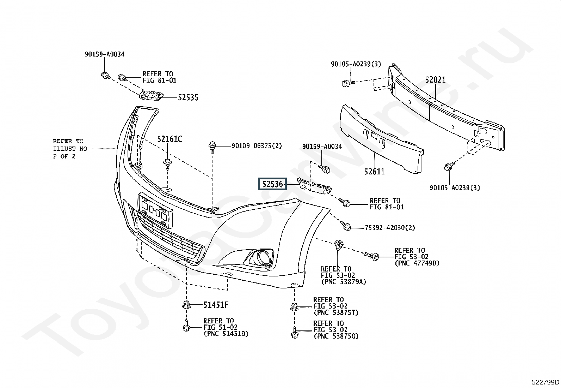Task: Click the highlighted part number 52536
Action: click(272, 184)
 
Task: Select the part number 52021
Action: click(435, 80)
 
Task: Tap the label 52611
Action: click(374, 172)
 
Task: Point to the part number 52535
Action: click(188, 97)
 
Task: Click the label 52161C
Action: click(169, 139)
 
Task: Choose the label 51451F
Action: click(216, 305)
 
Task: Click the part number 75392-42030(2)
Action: click(390, 228)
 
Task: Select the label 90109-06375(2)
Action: click(257, 145)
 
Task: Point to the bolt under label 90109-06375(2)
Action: click(212, 147)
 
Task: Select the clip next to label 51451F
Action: click(186, 305)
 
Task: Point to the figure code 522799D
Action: click(545, 382)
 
